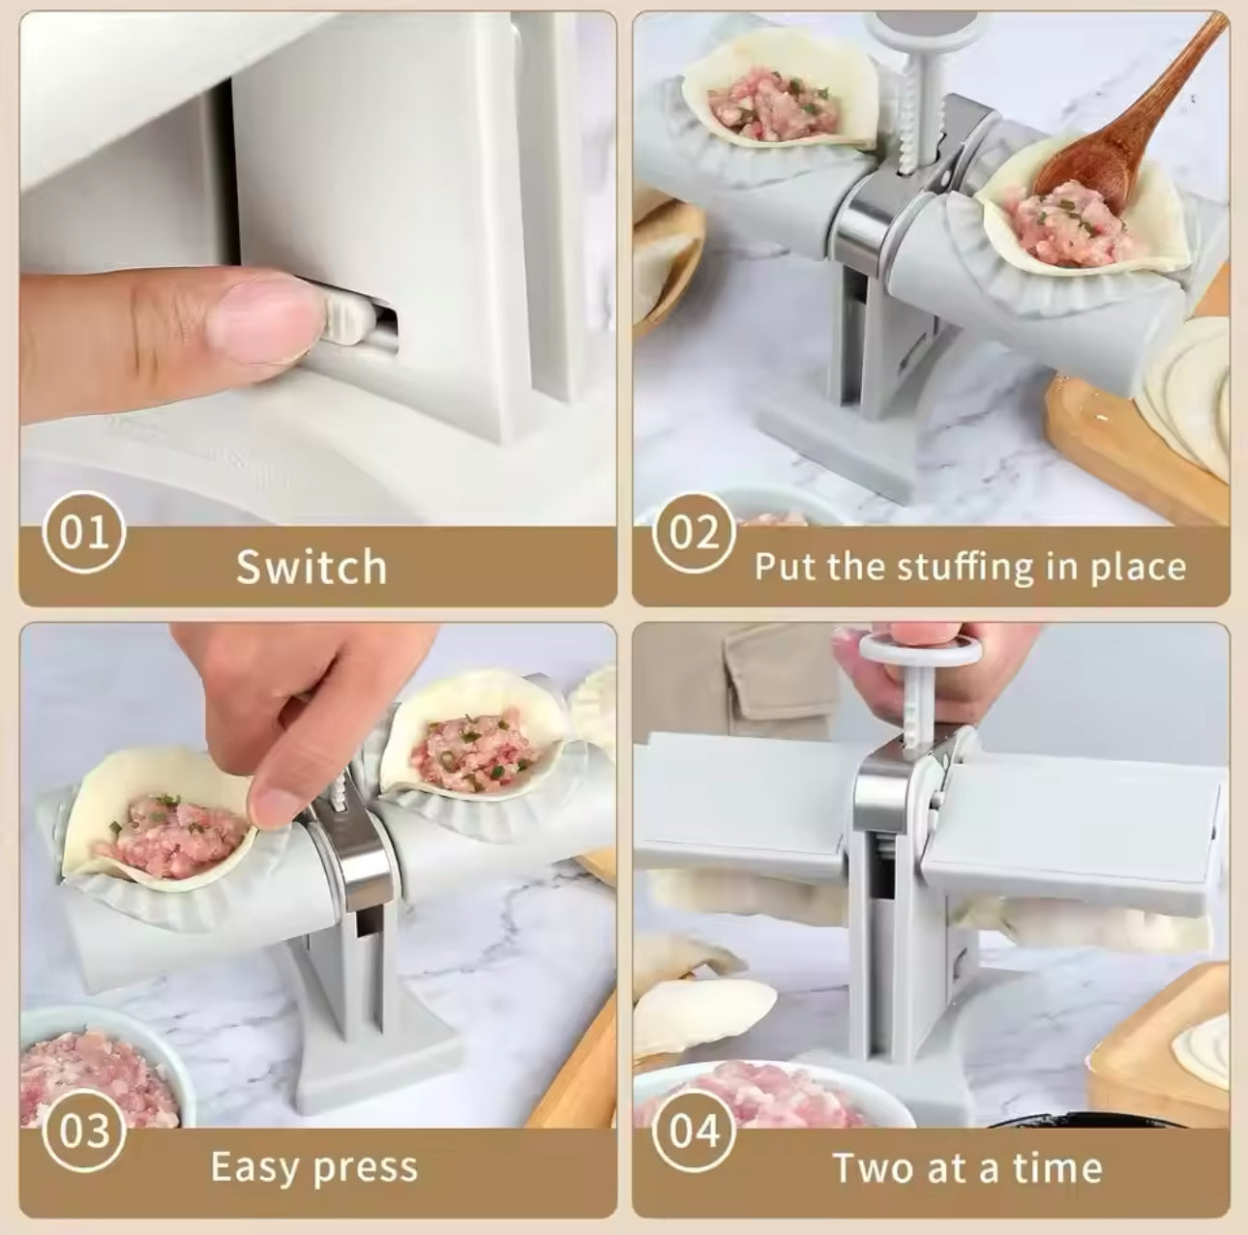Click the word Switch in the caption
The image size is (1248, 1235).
click(x=312, y=567)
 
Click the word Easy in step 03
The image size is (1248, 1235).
click(x=253, y=1167)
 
